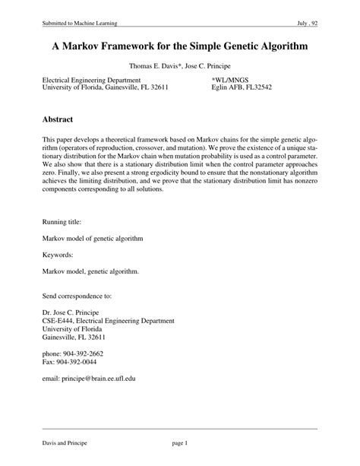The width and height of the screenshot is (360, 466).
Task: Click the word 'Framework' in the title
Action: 140,47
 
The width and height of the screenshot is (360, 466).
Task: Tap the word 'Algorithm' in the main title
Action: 282,47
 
